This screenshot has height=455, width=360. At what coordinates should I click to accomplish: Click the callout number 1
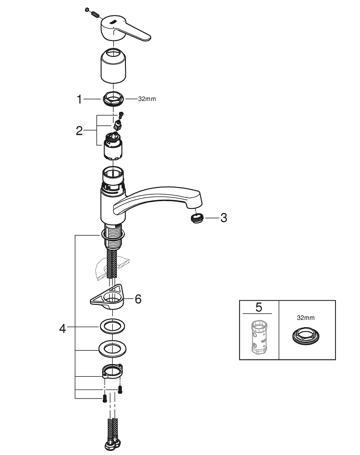80,99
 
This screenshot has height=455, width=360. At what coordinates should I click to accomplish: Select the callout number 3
223,218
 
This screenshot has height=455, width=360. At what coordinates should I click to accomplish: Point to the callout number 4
63,328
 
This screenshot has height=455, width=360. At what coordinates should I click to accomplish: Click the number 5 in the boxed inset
259,307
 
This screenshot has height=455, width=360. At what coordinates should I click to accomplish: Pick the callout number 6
138,299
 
